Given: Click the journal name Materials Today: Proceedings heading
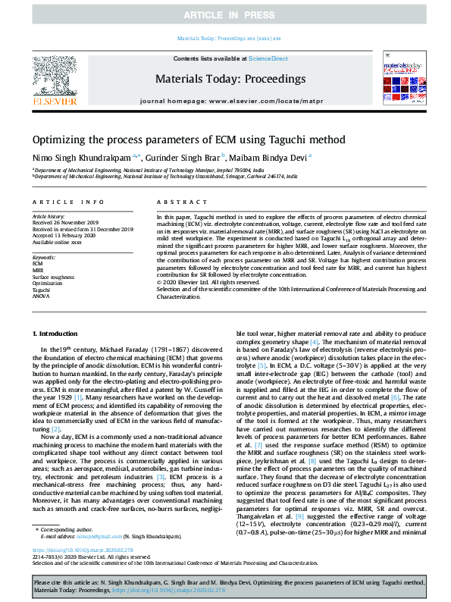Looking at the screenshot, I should tap(225, 78).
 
